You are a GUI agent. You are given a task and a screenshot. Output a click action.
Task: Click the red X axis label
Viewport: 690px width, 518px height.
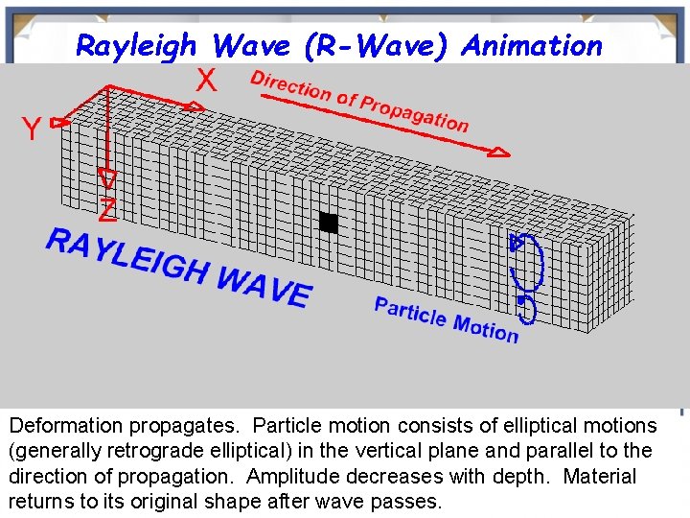205,82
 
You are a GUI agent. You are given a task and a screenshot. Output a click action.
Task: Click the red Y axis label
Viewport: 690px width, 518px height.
31,129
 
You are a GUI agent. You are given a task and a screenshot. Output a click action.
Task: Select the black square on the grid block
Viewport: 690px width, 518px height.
329,223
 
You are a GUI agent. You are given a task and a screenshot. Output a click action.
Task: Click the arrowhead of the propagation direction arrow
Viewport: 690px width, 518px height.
500,151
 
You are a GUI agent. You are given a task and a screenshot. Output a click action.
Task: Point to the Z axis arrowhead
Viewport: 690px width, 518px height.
108,178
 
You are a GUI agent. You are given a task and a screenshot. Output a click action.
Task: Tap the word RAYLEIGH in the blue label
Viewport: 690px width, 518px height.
126,256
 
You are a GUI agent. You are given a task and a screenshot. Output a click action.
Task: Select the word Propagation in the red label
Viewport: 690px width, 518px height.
414,112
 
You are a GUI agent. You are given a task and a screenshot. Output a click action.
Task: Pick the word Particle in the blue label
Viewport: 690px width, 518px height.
410,313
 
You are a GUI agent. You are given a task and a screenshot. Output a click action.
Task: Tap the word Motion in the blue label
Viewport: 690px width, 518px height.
485,329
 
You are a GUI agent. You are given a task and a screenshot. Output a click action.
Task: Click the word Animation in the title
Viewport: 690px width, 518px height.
532,45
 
